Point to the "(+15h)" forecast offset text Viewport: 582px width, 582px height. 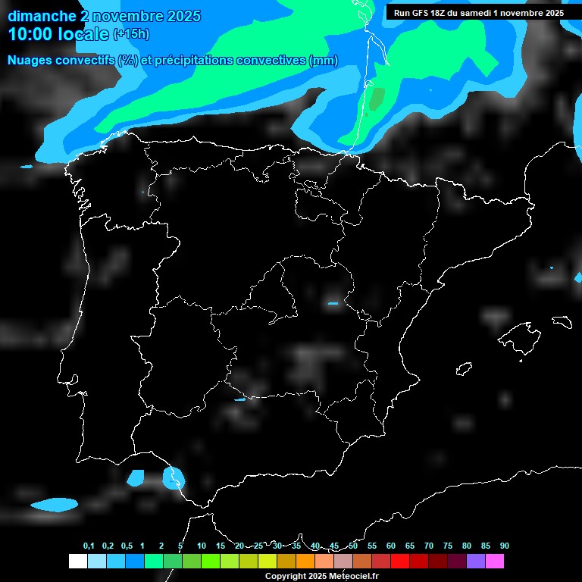click(132, 34)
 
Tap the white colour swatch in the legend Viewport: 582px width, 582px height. click(77, 561)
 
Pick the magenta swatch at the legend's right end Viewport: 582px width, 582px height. click(494, 561)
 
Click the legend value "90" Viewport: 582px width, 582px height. click(504, 546)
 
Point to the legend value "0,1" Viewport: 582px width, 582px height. click(89, 546)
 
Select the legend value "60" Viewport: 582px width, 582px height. click(391, 546)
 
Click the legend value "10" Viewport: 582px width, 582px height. click(202, 546)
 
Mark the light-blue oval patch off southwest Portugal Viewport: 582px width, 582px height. click(55, 504)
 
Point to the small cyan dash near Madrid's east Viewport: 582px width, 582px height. click(333, 303)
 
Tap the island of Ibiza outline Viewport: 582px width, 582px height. click(464, 368)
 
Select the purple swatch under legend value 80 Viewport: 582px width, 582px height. click(475, 561)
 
